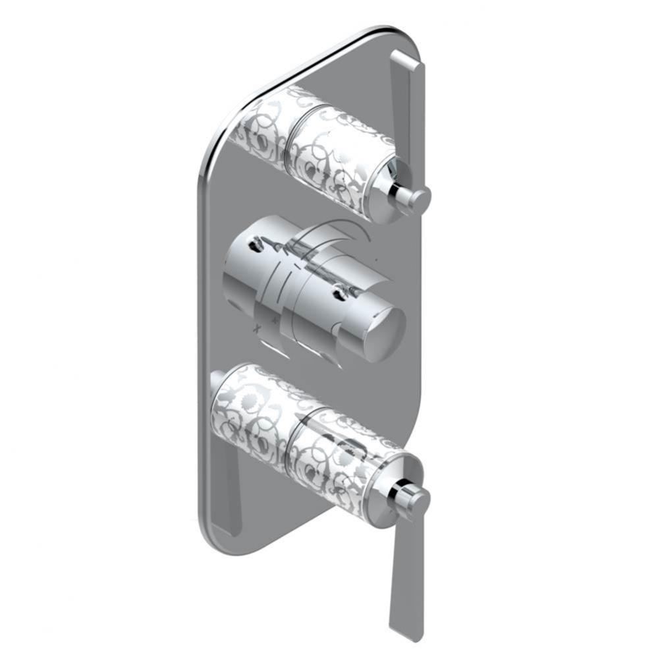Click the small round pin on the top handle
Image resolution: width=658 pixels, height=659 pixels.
click(x=420, y=196)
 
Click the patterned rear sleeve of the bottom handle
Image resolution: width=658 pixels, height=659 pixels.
click(x=250, y=415)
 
